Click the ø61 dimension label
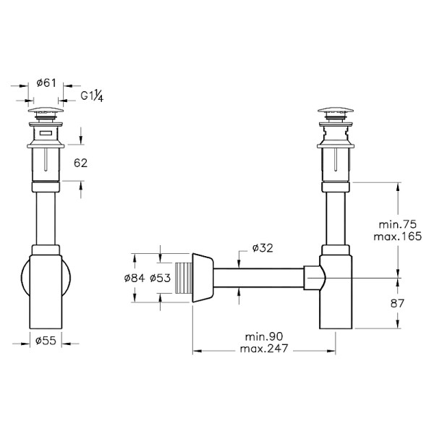47,83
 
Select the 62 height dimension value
80,163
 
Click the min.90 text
265,338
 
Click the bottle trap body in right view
337,297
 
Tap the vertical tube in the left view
47,213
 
